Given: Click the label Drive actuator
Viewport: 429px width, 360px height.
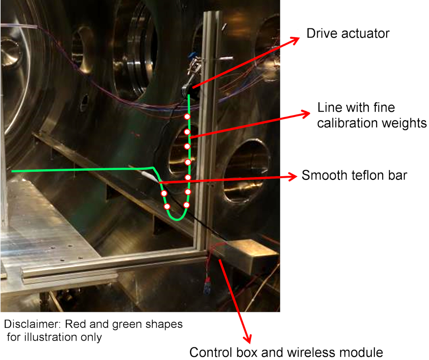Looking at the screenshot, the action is (347, 34).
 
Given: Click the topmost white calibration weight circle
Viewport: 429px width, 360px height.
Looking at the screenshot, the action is (187, 117).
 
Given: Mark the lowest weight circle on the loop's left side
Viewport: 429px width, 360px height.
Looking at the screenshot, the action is (167, 206).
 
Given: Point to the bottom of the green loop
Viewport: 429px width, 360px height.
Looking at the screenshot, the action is (176, 219).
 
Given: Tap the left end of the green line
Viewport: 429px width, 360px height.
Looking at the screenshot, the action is (13, 171).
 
